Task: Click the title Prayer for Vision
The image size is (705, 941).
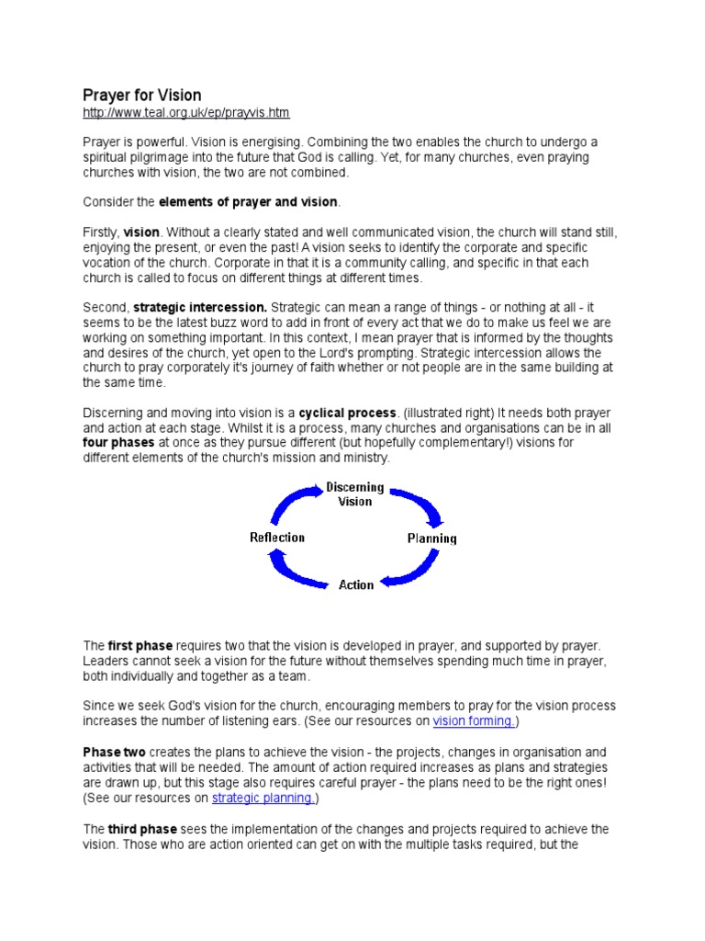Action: coord(141,96)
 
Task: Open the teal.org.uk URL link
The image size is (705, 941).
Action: coord(185,113)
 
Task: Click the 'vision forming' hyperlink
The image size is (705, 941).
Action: coord(475,720)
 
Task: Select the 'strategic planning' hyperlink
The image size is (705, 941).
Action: coord(263,798)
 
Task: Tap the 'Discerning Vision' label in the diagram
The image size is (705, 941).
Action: coord(355,494)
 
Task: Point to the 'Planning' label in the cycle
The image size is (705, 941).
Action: coord(431,539)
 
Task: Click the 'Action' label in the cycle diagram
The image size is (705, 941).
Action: coord(356,584)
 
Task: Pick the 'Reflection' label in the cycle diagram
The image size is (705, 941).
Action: coord(277,537)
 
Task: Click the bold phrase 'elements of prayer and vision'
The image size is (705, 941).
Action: coord(249,201)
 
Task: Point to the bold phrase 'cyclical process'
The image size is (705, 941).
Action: coord(348,413)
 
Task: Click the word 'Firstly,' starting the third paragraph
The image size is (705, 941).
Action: coord(101,232)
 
